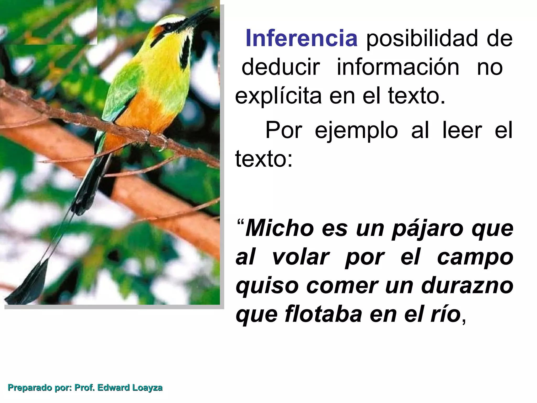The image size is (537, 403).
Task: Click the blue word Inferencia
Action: [301, 39]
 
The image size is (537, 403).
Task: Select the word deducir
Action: [281, 67]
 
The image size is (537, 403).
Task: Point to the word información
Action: [398, 67]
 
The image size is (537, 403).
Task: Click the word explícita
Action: [278, 96]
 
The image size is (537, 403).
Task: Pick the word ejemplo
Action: [356, 130]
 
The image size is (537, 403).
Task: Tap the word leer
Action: [462, 130]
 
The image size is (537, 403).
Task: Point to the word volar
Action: [300, 257]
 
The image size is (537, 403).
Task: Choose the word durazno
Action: [467, 285]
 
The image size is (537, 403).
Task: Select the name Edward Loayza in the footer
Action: [130, 388]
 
